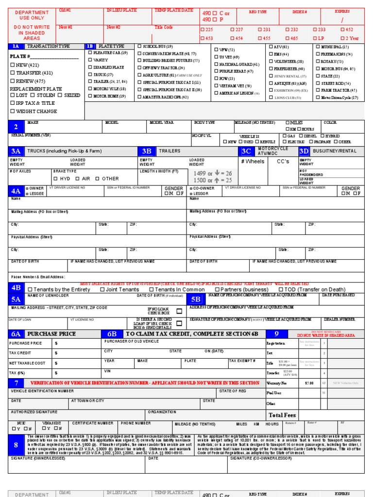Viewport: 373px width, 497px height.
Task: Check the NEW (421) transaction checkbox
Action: click(x=12, y=65)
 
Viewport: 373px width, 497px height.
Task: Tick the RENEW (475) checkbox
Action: click(x=12, y=81)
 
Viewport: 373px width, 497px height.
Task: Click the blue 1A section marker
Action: click(x=16, y=46)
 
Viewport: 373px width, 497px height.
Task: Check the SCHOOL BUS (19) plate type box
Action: click(x=140, y=46)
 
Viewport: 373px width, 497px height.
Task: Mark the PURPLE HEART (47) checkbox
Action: click(x=216, y=71)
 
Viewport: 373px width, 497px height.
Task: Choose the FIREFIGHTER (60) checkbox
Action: click(x=271, y=69)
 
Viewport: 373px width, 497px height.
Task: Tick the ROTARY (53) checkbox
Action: click(x=317, y=62)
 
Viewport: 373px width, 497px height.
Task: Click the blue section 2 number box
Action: click(x=16, y=126)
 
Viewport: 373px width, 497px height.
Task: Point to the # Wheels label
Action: click(x=253, y=162)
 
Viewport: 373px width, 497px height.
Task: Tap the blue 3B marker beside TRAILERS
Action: click(x=147, y=151)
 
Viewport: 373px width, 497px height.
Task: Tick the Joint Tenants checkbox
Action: click(x=102, y=290)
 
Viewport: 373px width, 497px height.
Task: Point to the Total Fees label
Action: click(x=282, y=415)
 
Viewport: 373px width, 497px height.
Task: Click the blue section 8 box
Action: click(x=16, y=445)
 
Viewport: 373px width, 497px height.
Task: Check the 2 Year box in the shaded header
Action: click(x=343, y=38)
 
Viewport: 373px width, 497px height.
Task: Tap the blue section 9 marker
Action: click(x=276, y=333)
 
